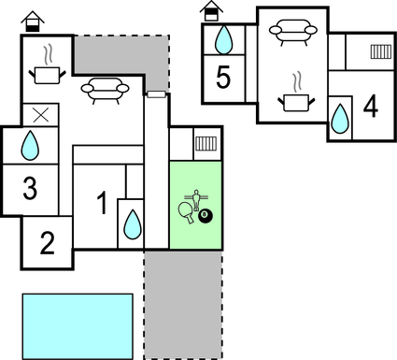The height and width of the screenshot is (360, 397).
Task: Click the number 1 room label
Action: click(102, 201)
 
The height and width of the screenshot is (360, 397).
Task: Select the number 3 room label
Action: click(30, 189)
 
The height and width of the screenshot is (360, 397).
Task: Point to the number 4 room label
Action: click(371, 107)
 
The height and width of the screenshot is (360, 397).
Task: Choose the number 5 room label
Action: click(223, 78)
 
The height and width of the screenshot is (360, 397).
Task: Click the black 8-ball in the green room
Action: click(206, 218)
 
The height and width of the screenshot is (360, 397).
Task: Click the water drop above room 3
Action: click(31, 145)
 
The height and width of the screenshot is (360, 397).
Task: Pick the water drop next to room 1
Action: click(133, 224)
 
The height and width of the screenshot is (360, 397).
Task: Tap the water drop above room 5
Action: click(224, 40)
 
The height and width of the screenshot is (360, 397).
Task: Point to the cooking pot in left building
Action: click(43, 70)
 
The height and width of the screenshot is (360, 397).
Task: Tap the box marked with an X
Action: click(39, 114)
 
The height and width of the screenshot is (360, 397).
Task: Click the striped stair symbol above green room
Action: click(206, 145)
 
